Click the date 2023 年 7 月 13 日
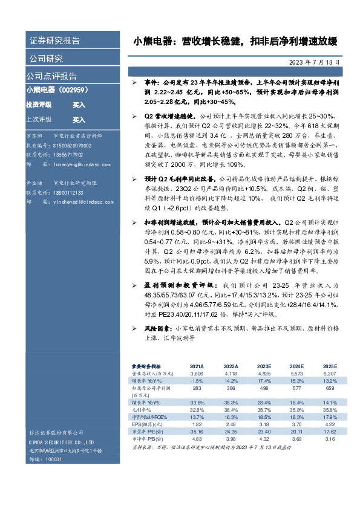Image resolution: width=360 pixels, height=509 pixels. [318, 62]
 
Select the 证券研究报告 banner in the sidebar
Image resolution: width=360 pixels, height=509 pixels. [54, 41]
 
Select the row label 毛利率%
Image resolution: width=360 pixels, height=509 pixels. [141, 409]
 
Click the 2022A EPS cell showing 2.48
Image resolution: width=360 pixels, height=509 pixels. [231, 424]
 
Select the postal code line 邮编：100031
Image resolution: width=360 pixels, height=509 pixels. [45, 459]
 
